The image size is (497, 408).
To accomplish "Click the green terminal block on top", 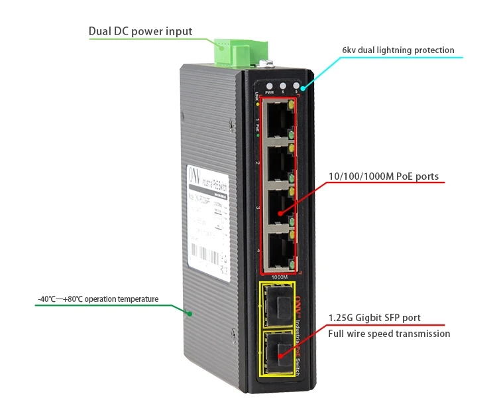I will [x=241, y=49].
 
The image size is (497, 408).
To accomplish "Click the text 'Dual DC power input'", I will [x=140, y=31].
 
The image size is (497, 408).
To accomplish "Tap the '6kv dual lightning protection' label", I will [x=398, y=50].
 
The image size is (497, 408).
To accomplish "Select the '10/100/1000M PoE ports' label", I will [x=384, y=177].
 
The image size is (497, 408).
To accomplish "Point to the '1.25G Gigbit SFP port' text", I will [x=374, y=318].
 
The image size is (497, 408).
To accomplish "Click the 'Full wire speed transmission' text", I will [x=389, y=334].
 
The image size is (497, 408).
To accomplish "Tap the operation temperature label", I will [x=98, y=299].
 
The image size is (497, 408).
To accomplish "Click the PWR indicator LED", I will [x=269, y=86].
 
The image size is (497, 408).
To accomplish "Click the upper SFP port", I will [x=275, y=305].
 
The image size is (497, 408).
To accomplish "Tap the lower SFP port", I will [x=275, y=350].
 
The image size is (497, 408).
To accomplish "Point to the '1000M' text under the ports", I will [x=280, y=276].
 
